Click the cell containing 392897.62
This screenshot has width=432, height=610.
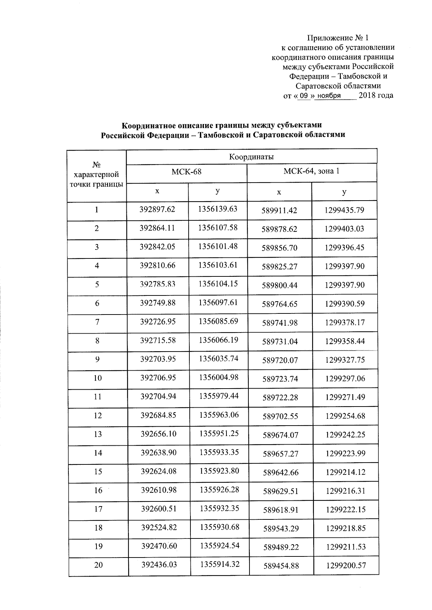tap(157, 209)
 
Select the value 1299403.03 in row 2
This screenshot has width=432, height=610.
tap(345, 229)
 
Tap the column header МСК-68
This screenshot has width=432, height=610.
tap(186, 172)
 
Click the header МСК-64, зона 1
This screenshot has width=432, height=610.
tap(311, 171)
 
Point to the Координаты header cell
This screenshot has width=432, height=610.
tap(251, 157)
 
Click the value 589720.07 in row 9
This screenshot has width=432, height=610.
tap(280, 360)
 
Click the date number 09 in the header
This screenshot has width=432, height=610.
tap(305, 96)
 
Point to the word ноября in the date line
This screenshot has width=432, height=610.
tap(328, 96)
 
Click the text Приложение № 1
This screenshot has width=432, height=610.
tap(338, 38)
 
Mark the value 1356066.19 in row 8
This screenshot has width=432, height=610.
tap(218, 340)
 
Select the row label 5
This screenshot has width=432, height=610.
tap(97, 284)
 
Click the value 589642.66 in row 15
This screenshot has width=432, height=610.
tap(281, 472)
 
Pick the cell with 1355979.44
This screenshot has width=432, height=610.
tap(219, 396)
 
